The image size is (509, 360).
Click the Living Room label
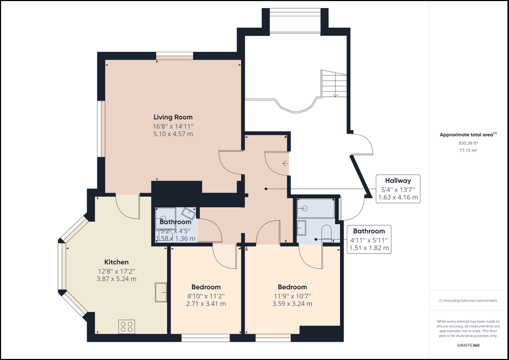pyautogui.click(x=173, y=117)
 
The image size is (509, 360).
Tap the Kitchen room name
pyautogui.click(x=116, y=262)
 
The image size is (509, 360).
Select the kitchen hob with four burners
pyautogui.click(x=127, y=327)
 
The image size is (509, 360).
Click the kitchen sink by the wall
pyautogui.click(x=161, y=292)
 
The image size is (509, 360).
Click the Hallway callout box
pyautogui.click(x=398, y=189)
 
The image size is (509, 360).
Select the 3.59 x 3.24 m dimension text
pyautogui.click(x=292, y=304)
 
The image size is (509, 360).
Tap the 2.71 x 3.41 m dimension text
pyautogui.click(x=206, y=304)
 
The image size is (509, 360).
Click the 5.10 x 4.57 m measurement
pyautogui.click(x=173, y=134)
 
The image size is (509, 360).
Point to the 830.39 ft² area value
pyautogui.click(x=468, y=143)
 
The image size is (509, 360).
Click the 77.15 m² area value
pyautogui.click(x=468, y=150)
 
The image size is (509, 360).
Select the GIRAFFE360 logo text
pyautogui.click(x=468, y=345)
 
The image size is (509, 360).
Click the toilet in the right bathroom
pyautogui.click(x=326, y=233)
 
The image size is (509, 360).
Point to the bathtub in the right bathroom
pyautogui.click(x=316, y=208)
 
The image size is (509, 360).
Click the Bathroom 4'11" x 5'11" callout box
pyautogui.click(x=369, y=240)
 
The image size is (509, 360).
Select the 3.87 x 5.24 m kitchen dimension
pyautogui.click(x=116, y=279)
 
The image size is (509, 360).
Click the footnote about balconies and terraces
pyautogui.click(x=468, y=301)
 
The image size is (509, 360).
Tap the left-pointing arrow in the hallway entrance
pyautogui.click(x=285, y=164)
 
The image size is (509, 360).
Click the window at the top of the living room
pyautogui.click(x=174, y=56)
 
